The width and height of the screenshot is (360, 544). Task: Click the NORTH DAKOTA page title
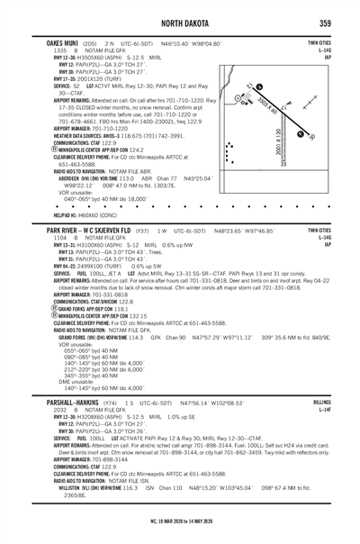[x=180, y=22]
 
